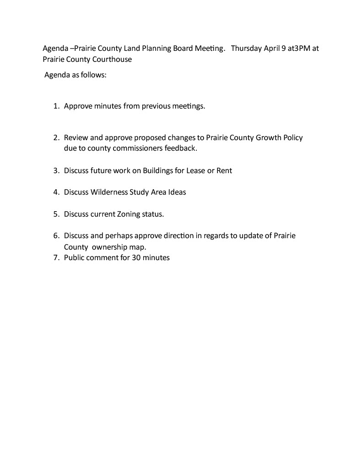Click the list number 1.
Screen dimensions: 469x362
[x=56, y=106]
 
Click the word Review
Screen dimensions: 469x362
[x=76, y=137]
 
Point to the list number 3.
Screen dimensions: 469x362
[x=56, y=170]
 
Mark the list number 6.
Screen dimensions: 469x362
[x=56, y=236]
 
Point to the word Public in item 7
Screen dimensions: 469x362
[x=74, y=258]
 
